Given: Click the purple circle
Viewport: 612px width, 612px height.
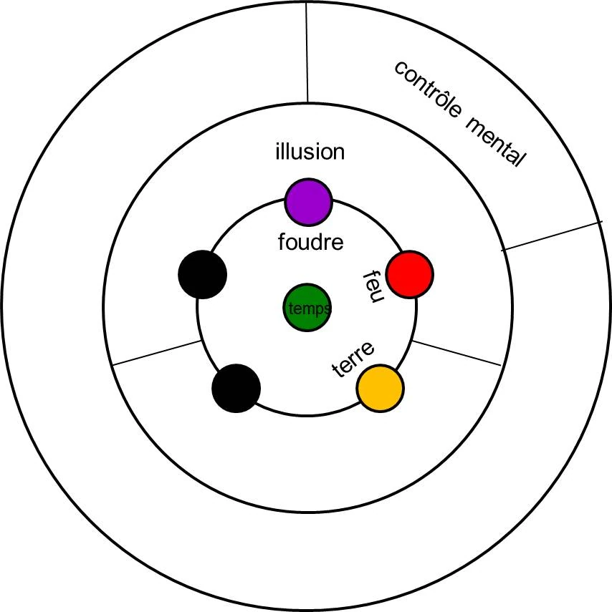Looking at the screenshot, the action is pos(308,201).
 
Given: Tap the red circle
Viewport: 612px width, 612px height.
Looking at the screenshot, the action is pos(409,274).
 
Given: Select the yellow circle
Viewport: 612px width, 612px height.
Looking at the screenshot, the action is pos(380,388).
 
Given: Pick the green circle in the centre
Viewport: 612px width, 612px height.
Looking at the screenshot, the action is pos(307,309).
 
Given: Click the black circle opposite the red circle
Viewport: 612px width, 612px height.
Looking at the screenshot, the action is pos(203,274).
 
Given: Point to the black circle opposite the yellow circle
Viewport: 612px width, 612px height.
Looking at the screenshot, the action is pos(236,388).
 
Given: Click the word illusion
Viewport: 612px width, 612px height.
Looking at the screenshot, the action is pos(310,152).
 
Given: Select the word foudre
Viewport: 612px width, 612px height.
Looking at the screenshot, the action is pos(310,242).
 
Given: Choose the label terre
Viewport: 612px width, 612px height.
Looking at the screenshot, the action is pos(355,360).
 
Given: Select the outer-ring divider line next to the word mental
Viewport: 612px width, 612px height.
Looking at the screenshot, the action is pos(552,235).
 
